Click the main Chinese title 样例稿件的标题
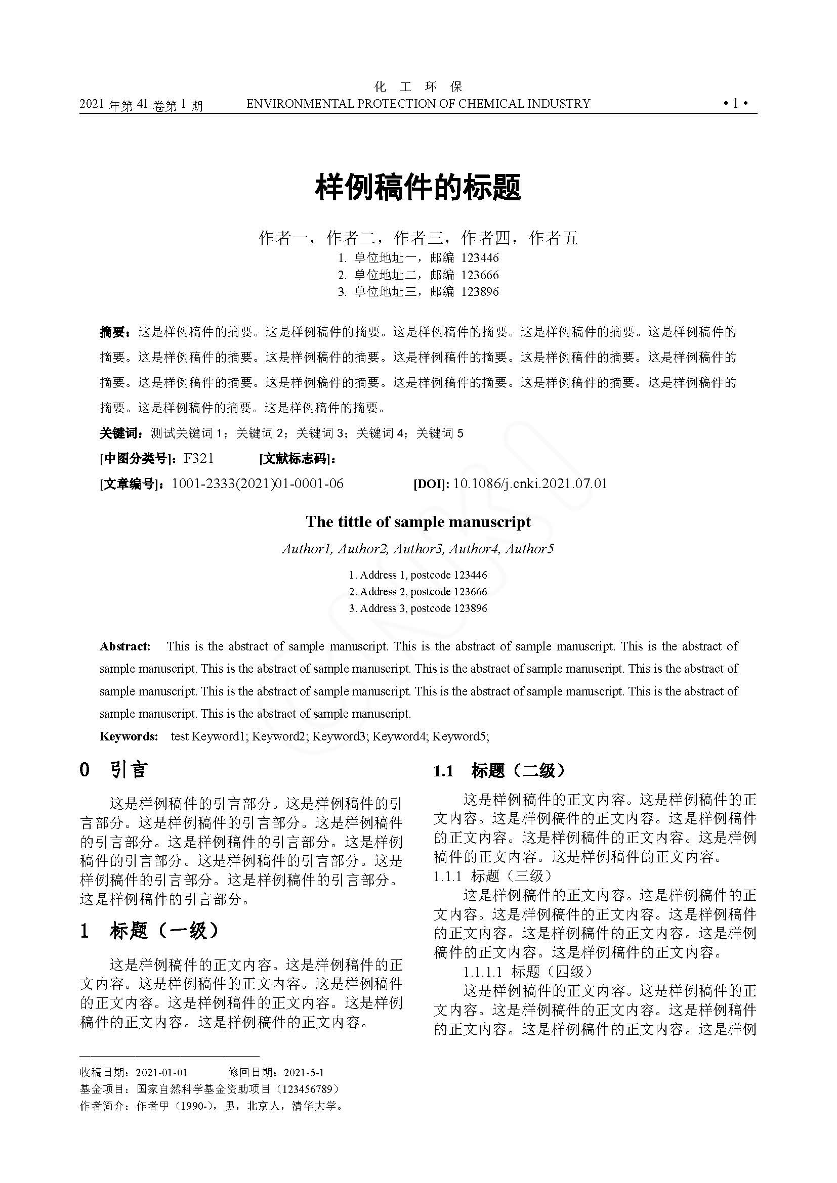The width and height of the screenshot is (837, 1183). (418, 187)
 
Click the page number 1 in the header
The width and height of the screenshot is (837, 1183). (735, 103)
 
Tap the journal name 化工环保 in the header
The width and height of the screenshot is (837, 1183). (418, 86)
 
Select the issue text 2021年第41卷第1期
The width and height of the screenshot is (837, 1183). (141, 106)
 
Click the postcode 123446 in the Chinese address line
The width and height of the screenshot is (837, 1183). (480, 257)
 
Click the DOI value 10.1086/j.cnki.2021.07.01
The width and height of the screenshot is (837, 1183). (530, 484)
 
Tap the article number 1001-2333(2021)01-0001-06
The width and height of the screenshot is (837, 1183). (257, 484)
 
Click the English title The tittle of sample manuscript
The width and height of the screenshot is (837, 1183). (418, 522)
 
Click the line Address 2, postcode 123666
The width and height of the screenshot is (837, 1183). (418, 592)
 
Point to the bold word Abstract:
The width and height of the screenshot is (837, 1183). (125, 646)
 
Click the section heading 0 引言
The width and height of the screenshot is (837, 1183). (114, 770)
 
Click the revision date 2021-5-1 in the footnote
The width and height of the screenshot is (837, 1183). (304, 1073)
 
